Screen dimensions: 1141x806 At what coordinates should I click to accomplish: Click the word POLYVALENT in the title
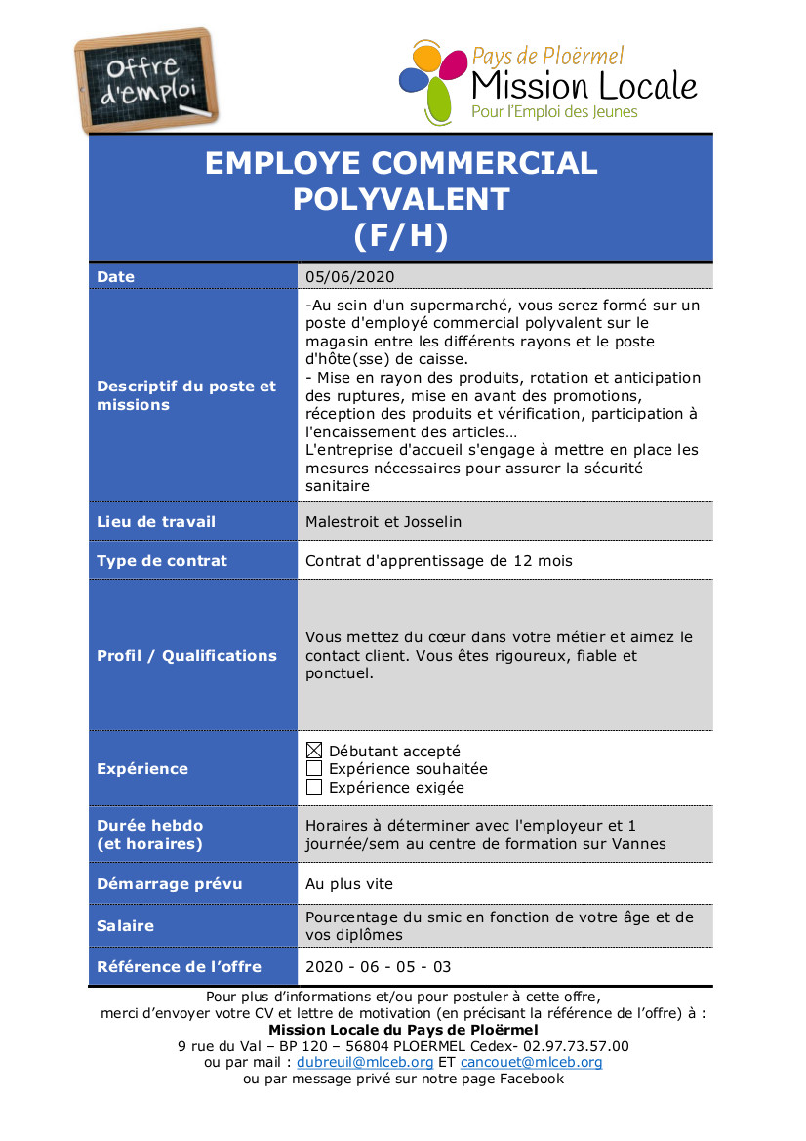tap(401, 199)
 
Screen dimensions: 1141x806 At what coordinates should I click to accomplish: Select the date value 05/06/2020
tap(349, 277)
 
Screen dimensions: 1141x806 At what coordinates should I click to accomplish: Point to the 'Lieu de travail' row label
tap(156, 522)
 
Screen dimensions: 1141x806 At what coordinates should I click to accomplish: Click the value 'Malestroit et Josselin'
tap(383, 522)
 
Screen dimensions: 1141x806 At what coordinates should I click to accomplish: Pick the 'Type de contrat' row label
tap(162, 561)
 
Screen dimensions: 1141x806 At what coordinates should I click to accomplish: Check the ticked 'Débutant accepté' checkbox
tap(314, 751)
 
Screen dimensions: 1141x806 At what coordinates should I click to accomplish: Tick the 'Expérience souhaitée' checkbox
tap(314, 769)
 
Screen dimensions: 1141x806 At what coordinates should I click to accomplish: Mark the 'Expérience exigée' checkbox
tap(314, 787)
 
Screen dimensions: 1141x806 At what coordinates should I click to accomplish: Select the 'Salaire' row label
tap(125, 925)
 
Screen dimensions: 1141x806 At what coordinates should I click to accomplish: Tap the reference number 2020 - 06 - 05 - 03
tap(379, 967)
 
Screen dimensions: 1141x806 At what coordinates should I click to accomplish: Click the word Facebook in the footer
tap(532, 1079)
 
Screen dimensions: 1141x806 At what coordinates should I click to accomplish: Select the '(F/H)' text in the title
tap(401, 235)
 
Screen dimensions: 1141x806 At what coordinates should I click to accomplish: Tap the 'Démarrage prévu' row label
tap(170, 884)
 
